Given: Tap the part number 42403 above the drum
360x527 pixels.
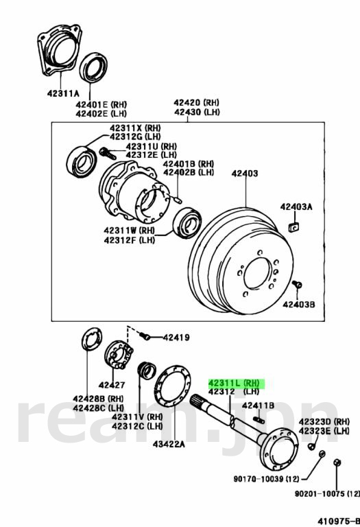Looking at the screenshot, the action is pyautogui.click(x=245, y=174).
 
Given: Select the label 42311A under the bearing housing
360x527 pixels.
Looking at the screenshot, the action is pyautogui.click(x=63, y=93).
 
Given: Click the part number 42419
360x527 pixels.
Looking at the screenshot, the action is pyautogui.click(x=176, y=337).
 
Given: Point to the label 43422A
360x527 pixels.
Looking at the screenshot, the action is pyautogui.click(x=169, y=444).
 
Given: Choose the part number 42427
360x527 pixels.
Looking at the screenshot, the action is pyautogui.click(x=112, y=385).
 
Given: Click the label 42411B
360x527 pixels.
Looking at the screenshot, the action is pyautogui.click(x=258, y=406).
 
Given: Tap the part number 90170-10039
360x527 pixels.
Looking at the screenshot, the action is pyautogui.click(x=259, y=478).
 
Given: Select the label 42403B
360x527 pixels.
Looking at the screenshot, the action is pyautogui.click(x=299, y=305).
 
